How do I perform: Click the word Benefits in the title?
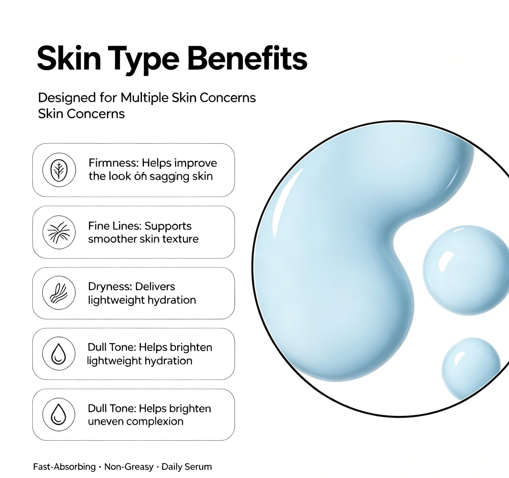247,58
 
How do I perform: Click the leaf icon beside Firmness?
59,170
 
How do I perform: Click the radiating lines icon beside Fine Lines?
59,232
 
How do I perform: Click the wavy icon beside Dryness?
59,293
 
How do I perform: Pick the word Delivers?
155,286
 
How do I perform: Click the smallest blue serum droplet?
471,370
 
